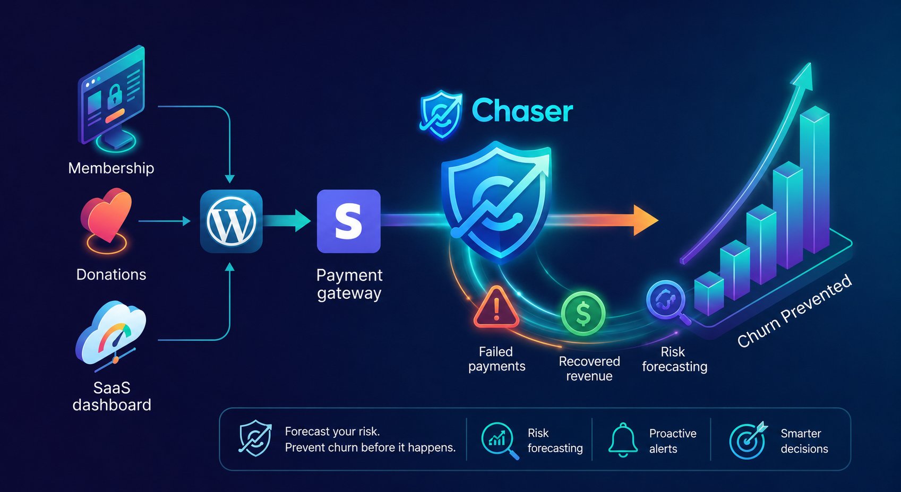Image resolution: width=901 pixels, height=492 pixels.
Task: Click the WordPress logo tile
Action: click(x=231, y=221)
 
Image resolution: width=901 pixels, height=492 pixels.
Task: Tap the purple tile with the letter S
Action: click(x=349, y=221)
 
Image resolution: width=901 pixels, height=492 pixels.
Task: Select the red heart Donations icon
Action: click(x=106, y=214)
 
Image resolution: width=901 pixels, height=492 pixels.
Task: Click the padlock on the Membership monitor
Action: click(x=115, y=97)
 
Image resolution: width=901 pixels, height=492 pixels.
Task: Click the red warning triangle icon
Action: click(x=496, y=307)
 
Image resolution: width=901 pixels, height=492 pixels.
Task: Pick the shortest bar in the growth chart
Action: click(x=709, y=292)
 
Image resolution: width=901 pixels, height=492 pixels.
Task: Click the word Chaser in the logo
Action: click(x=522, y=111)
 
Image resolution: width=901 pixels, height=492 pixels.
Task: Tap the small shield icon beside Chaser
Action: click(x=441, y=115)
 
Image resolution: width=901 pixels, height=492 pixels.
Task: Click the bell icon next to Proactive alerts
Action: click(x=623, y=440)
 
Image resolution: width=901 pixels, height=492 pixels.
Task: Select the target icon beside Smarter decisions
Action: click(x=748, y=441)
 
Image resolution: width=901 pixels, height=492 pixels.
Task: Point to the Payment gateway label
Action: click(x=349, y=284)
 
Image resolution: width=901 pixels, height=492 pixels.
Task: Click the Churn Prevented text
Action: click(x=794, y=310)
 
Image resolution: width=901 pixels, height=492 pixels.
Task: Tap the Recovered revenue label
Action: click(x=589, y=368)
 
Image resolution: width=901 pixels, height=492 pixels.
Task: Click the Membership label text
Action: click(x=111, y=168)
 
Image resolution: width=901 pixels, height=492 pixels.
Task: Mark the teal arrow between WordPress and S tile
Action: click(x=287, y=221)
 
